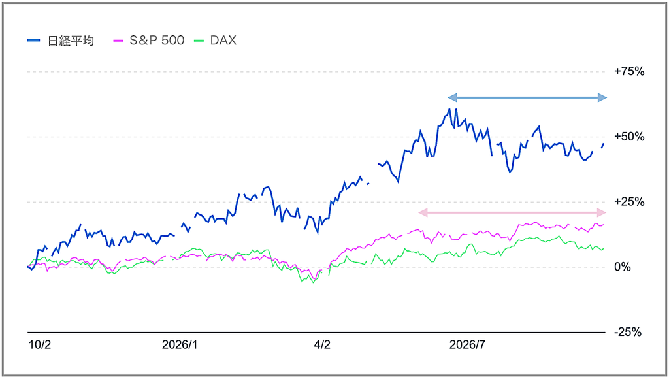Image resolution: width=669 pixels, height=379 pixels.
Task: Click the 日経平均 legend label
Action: point(71,41)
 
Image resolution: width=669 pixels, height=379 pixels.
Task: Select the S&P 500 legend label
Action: point(157,41)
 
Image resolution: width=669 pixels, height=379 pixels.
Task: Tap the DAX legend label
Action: point(223,41)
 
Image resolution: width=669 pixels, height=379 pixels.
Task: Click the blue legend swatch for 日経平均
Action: point(33,41)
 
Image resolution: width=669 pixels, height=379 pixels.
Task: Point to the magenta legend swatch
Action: point(118,41)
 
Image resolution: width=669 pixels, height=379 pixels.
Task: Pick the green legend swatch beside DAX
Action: point(199,41)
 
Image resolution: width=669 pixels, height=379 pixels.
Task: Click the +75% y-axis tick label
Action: point(629,72)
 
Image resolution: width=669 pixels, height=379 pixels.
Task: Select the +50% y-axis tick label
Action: point(629,137)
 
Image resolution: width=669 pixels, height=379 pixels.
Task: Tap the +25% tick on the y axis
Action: point(629,202)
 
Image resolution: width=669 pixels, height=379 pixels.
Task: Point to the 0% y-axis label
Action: point(623,267)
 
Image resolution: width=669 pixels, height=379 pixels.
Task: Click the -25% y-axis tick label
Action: point(628,332)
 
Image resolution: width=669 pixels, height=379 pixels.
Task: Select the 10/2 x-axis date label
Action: point(40,345)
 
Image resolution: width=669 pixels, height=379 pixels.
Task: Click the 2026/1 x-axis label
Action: point(180,345)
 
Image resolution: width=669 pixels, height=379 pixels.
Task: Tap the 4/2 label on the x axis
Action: point(322,345)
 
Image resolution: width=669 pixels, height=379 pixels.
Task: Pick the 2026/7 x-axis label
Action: point(467,345)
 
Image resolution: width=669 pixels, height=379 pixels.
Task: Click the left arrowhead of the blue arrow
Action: point(452,98)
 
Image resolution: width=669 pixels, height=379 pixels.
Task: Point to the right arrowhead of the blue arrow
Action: point(602,98)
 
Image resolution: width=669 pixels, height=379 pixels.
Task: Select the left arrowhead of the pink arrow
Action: point(423,212)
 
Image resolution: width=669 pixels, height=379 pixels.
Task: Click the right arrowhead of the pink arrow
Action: point(602,212)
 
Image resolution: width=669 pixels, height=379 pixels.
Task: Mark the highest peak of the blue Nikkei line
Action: point(449,109)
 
